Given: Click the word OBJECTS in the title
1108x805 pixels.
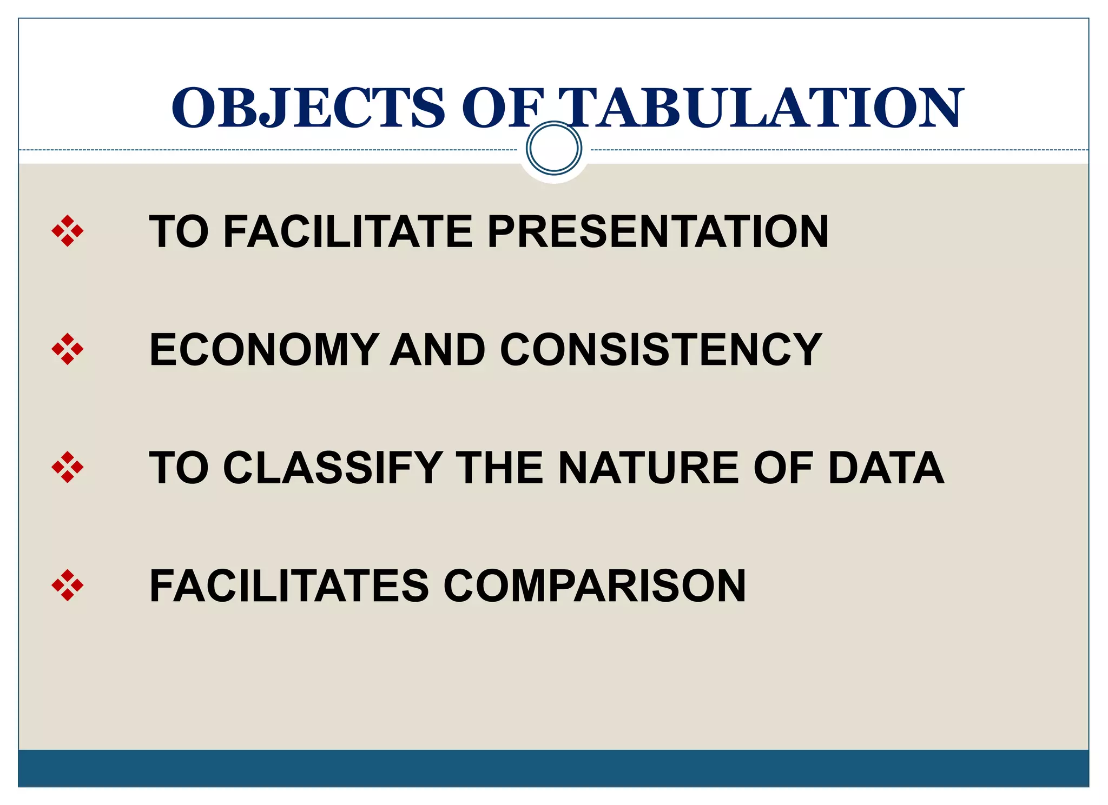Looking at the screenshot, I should click(x=308, y=108).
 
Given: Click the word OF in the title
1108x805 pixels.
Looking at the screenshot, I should click(x=503, y=108).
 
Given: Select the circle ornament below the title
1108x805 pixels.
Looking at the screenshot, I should click(x=553, y=148).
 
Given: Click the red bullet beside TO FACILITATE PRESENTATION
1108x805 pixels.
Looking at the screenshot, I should click(x=68, y=231).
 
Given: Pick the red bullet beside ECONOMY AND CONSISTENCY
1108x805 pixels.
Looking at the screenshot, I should click(x=68, y=349).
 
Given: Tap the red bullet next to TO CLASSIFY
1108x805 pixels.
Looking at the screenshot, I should click(x=68, y=467).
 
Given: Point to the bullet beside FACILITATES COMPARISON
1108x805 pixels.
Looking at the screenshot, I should click(x=68, y=585).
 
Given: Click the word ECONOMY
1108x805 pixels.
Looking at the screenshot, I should click(x=264, y=350).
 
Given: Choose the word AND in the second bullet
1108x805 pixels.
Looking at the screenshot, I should click(x=438, y=350).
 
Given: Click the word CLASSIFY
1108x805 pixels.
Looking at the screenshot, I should click(x=333, y=468).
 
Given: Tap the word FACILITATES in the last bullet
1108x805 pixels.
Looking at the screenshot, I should click(x=289, y=586).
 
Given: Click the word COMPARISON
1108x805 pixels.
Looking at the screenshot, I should click(x=595, y=586).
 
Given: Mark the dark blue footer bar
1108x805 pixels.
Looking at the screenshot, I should click(x=553, y=768).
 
